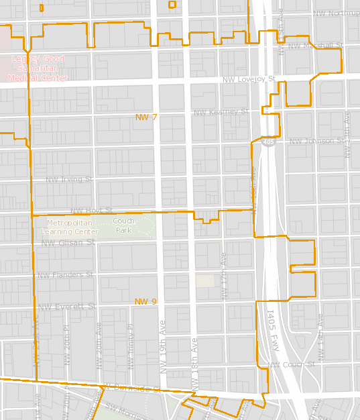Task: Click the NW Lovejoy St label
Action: (249, 80)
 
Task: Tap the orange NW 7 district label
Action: (146, 117)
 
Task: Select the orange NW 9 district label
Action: (145, 302)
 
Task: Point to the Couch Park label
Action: (123, 225)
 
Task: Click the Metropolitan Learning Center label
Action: (69, 227)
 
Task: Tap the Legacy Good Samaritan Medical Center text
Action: (38, 68)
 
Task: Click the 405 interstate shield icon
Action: (267, 142)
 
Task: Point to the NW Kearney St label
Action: (221, 112)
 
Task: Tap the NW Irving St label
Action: (68, 179)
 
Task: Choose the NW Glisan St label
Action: (68, 243)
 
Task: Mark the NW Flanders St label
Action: (66, 275)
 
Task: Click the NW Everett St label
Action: (67, 307)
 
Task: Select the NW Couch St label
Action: (291, 364)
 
